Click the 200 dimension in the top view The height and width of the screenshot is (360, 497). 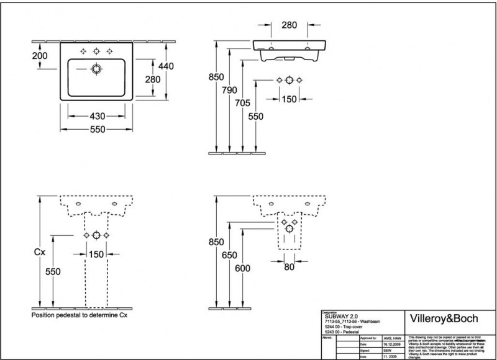click(40, 55)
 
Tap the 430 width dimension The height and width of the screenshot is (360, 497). click(97, 116)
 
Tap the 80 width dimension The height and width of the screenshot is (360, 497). click(289, 268)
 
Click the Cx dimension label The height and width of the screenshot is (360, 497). click(39, 253)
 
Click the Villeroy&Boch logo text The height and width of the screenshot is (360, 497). click(446, 318)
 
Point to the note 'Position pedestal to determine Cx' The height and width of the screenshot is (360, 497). click(79, 315)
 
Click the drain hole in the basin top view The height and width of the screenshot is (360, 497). click(97, 69)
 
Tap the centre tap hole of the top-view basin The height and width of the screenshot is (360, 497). click(97, 51)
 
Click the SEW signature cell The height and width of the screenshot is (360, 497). click(380, 350)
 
